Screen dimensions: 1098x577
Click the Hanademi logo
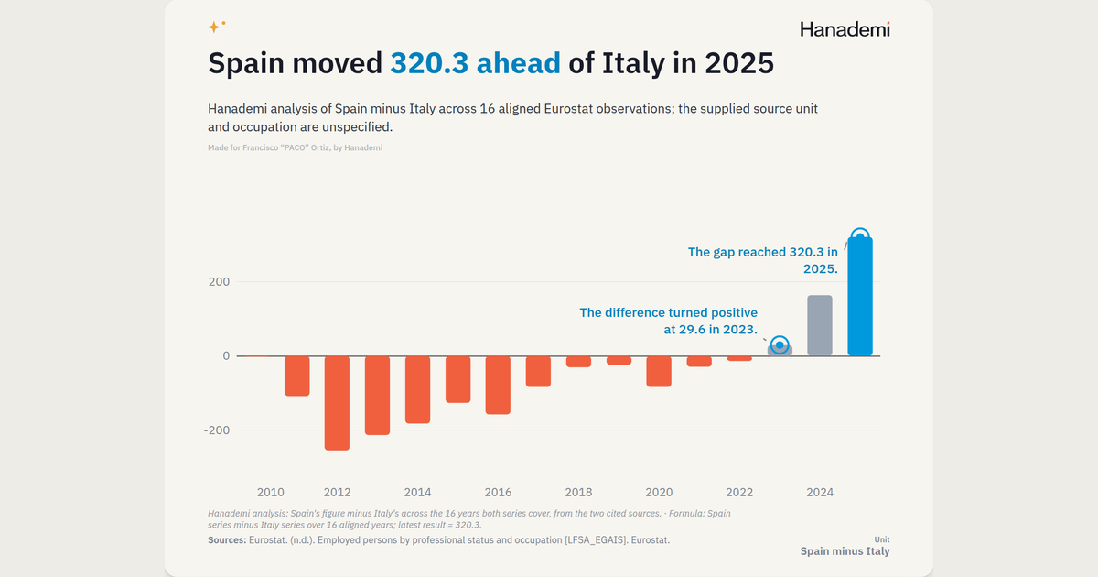pos(845,29)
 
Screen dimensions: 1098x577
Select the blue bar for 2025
pos(860,297)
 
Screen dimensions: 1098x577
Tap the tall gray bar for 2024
pos(820,325)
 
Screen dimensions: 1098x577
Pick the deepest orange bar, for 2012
pos(338,403)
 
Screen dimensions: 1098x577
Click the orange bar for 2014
pos(417,389)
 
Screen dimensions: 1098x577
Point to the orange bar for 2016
pos(498,386)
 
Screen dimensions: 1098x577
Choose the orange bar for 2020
pos(659,372)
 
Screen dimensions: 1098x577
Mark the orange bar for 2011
pos(297,376)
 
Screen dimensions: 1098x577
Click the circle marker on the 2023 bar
pos(780,345)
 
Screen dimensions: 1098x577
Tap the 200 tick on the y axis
pos(219,282)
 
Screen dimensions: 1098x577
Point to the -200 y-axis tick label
pos(217,430)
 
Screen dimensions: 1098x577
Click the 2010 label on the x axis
pos(271,492)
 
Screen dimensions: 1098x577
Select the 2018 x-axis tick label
pos(578,492)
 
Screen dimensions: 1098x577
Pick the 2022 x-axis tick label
pos(739,492)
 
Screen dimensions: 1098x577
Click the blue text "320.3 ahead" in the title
pos(475,63)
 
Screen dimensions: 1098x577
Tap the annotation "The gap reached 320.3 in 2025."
pos(763,260)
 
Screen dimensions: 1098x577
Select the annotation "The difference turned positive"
pos(669,312)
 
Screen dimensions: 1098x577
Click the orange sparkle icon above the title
pos(216,26)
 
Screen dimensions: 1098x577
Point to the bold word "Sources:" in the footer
pos(227,540)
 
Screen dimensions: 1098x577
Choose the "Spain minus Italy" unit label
pos(845,551)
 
